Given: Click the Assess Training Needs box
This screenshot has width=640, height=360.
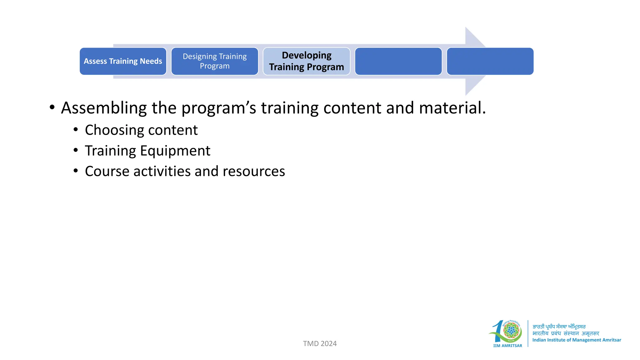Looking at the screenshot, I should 123,61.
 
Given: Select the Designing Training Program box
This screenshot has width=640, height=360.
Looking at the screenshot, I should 215,61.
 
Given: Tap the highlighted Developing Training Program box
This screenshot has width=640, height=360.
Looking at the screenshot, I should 306,61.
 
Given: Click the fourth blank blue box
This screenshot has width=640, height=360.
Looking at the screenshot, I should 398,61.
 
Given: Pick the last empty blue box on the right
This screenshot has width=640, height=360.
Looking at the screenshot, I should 490,61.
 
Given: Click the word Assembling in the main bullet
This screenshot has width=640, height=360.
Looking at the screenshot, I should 104,108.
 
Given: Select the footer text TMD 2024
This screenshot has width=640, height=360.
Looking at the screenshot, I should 320,343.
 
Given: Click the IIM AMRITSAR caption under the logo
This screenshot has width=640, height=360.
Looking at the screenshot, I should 507,346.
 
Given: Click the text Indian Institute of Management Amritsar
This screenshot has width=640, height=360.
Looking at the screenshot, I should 577,340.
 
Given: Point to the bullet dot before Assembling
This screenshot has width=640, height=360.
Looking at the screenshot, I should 52,107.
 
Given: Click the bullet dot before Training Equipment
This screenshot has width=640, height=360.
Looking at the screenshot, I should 76,150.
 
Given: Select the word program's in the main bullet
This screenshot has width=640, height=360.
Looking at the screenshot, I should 219,108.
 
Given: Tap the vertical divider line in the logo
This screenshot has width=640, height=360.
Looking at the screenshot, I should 528,333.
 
